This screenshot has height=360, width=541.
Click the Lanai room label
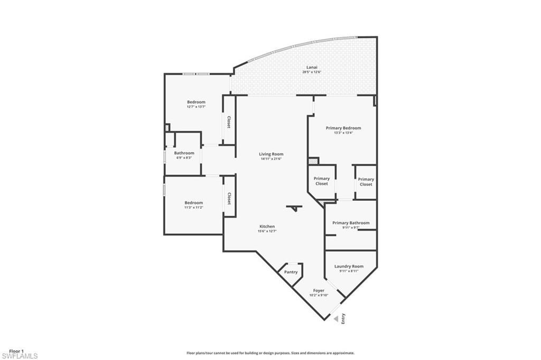(x=312, y=67)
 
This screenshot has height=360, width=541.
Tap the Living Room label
(x=271, y=154)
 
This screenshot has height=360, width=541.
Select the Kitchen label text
(x=266, y=226)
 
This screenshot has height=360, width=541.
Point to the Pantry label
(x=291, y=272)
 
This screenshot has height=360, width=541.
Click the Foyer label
(x=319, y=290)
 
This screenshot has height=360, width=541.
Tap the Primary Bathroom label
(x=351, y=223)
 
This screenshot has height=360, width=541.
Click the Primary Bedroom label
(x=343, y=128)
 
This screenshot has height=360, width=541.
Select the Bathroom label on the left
(x=184, y=153)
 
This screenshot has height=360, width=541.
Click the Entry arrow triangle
(x=335, y=319)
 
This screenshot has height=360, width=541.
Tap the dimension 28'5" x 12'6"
(x=312, y=72)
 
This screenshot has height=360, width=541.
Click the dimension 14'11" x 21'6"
(x=271, y=159)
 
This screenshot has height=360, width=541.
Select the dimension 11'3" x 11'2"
(x=193, y=207)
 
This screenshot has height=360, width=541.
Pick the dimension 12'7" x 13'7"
(x=196, y=107)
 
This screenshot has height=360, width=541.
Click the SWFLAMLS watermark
(x=20, y=356)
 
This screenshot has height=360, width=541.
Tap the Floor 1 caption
(x=17, y=350)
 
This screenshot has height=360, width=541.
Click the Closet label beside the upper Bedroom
(x=229, y=122)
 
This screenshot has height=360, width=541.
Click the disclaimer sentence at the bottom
(x=270, y=353)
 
